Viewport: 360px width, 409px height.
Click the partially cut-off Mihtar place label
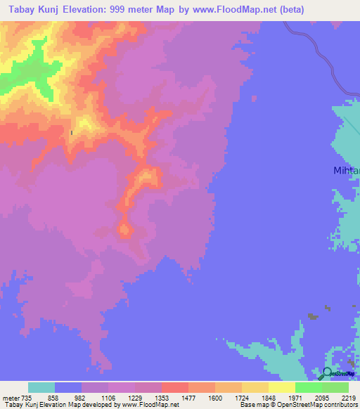point(346,170)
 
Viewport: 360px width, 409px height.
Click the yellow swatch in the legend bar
point(281,387)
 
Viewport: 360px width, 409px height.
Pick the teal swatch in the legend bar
point(41,387)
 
